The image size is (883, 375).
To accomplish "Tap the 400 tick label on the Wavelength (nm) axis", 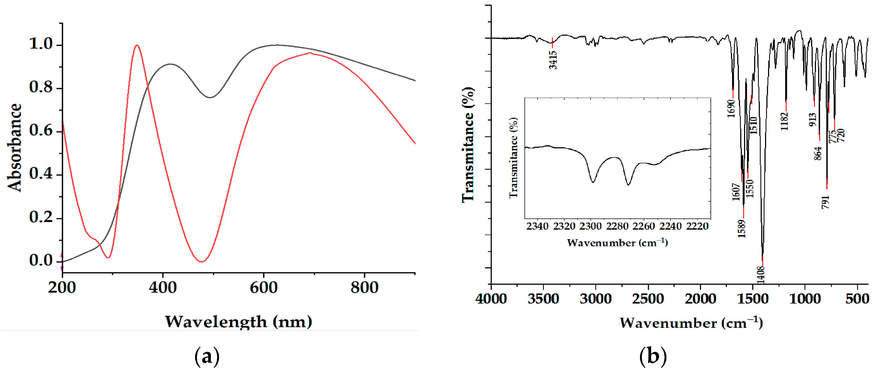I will click(x=163, y=287).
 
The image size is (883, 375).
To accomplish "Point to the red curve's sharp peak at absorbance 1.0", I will click(x=137, y=45).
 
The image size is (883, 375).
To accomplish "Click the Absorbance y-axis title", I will click(x=14, y=148).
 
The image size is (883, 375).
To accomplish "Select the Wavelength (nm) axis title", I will click(x=239, y=322).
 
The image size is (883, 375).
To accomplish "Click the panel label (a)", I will click(x=207, y=357).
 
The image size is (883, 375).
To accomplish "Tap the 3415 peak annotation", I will click(x=553, y=60).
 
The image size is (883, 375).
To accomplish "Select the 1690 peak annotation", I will click(x=731, y=109).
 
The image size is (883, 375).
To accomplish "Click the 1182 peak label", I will click(x=784, y=121).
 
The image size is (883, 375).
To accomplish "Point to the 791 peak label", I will click(x=826, y=202).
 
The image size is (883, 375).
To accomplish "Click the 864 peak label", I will click(x=818, y=153).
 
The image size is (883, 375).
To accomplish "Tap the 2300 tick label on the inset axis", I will click(x=591, y=226).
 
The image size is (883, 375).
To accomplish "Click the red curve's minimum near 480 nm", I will click(x=202, y=262).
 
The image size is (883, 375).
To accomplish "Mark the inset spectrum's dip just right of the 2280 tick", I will click(x=628, y=185).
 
